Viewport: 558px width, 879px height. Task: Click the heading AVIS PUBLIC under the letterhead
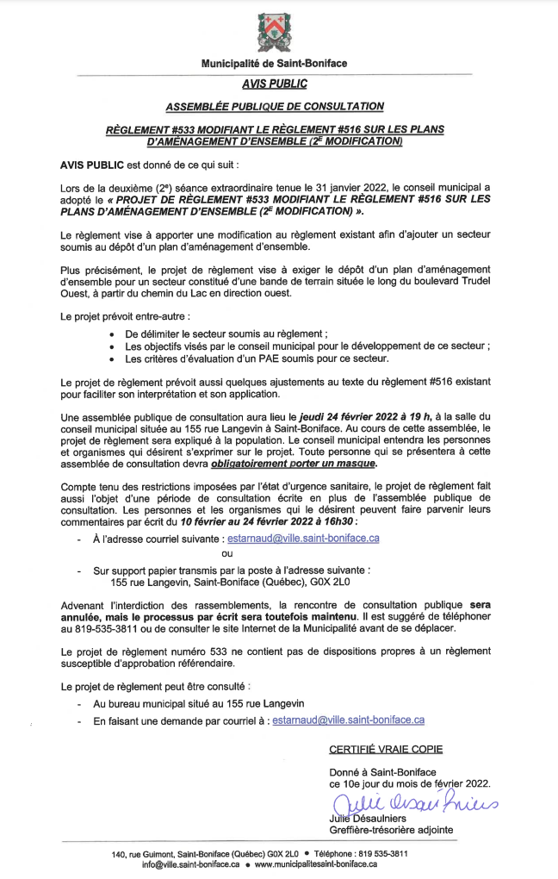coord(275,84)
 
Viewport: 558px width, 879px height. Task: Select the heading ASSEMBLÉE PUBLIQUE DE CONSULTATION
coord(275,106)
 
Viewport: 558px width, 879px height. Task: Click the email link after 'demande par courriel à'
coord(348,720)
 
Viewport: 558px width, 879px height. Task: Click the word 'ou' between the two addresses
coord(227,553)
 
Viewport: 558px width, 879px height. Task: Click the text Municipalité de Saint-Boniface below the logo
coord(275,64)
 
